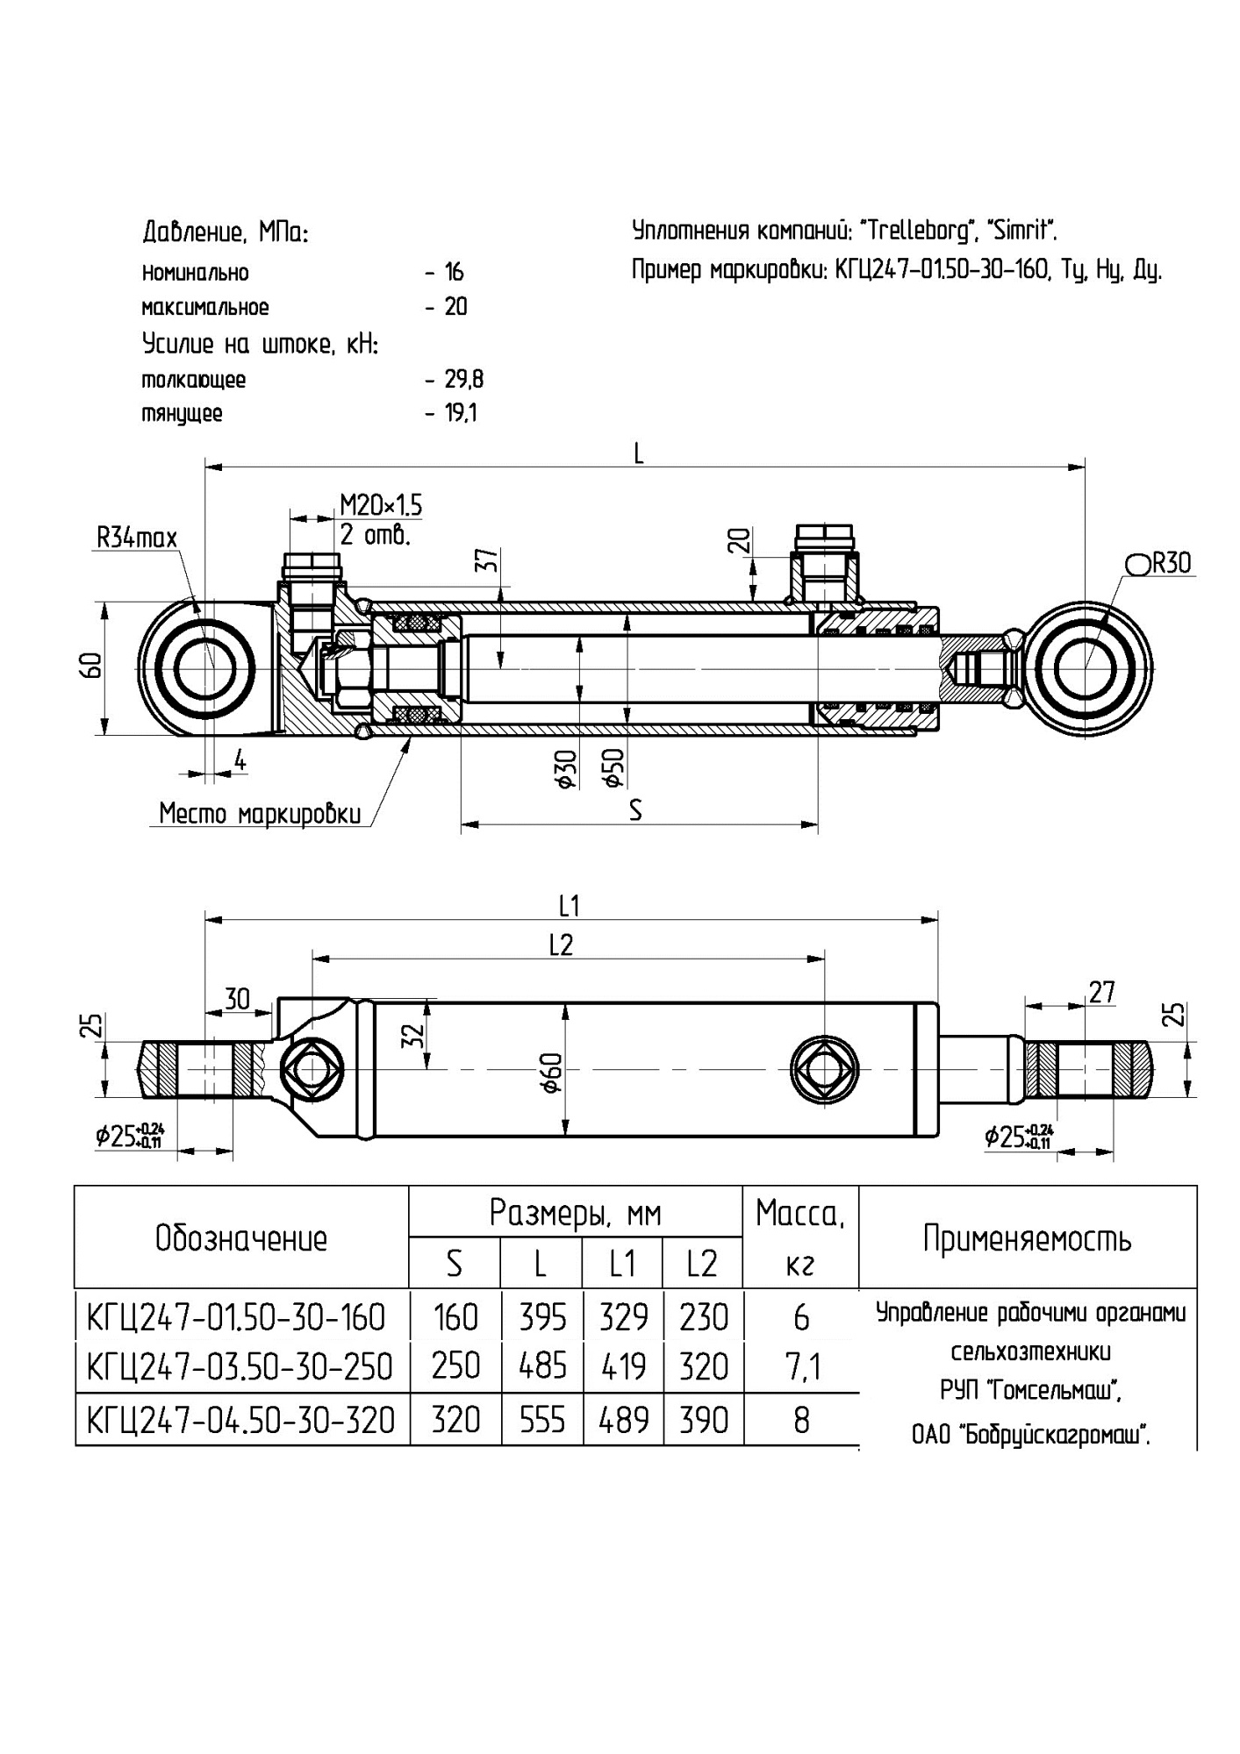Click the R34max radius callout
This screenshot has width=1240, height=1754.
point(137,537)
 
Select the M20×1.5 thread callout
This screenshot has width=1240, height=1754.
point(381,506)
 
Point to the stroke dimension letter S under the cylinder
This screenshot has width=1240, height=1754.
point(635,811)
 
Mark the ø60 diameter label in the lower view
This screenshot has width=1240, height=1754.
point(551,1073)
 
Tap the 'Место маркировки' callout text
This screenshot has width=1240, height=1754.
point(260,814)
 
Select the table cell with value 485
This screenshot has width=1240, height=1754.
point(542,1366)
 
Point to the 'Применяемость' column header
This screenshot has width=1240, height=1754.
point(1027,1238)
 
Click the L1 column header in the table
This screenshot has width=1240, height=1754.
point(622,1264)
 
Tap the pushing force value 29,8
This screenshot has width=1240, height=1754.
point(464,380)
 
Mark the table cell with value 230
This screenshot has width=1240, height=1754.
point(704,1317)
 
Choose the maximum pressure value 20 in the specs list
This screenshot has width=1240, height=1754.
point(455,307)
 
